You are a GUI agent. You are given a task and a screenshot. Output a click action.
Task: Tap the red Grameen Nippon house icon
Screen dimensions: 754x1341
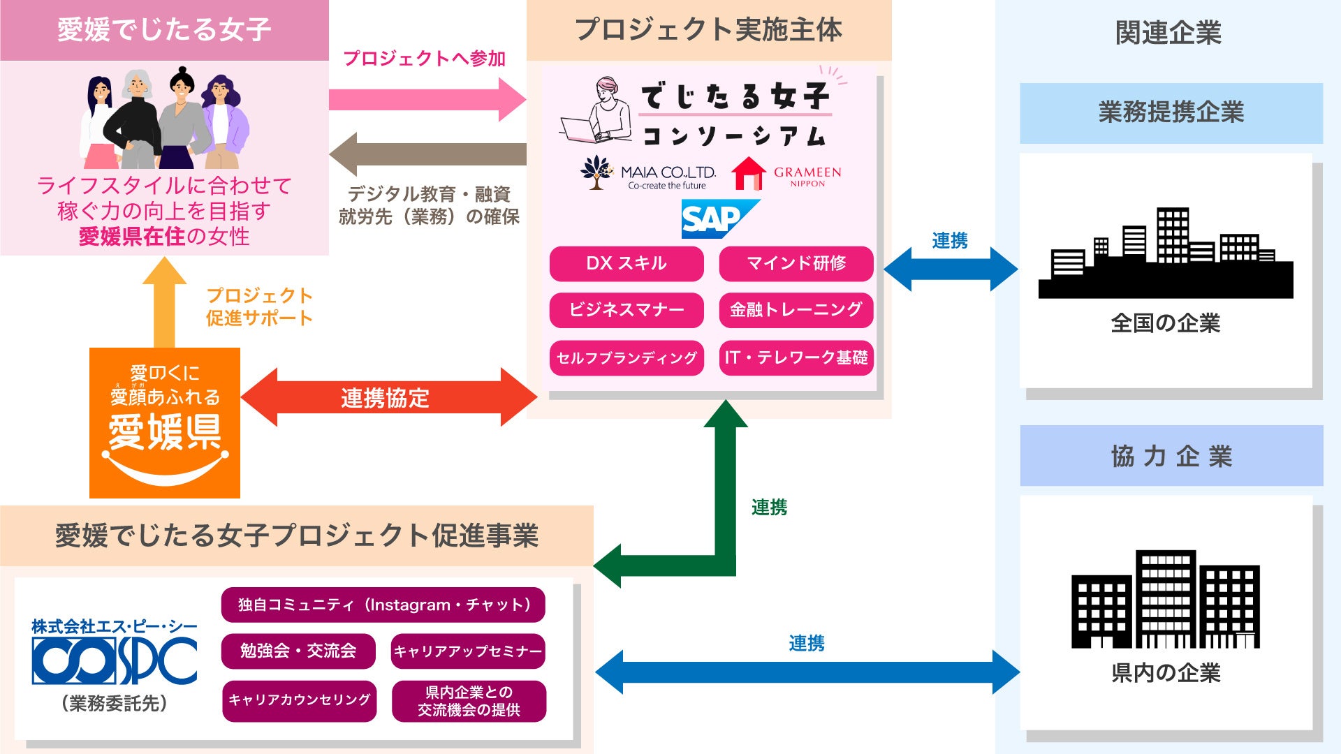click(x=748, y=174)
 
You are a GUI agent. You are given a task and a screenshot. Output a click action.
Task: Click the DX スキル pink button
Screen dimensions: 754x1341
click(x=626, y=263)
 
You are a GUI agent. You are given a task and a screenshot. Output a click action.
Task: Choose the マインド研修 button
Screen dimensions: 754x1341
click(x=796, y=263)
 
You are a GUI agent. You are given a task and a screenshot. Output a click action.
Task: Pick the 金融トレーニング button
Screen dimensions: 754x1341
click(x=796, y=310)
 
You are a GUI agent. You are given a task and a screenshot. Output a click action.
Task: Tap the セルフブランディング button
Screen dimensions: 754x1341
click(x=626, y=358)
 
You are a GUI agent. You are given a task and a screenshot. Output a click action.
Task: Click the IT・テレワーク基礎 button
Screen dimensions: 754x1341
click(x=796, y=358)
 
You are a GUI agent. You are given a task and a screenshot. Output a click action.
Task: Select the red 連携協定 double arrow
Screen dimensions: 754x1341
click(x=388, y=397)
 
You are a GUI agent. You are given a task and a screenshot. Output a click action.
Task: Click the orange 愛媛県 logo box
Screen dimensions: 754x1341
click(x=165, y=423)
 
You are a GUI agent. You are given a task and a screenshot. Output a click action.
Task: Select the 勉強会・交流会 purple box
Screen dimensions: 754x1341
click(x=298, y=651)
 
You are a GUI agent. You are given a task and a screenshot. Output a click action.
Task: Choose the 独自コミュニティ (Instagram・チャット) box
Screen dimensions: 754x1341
click(x=383, y=605)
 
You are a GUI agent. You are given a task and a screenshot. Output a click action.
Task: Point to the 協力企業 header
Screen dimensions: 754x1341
click(x=1171, y=456)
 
